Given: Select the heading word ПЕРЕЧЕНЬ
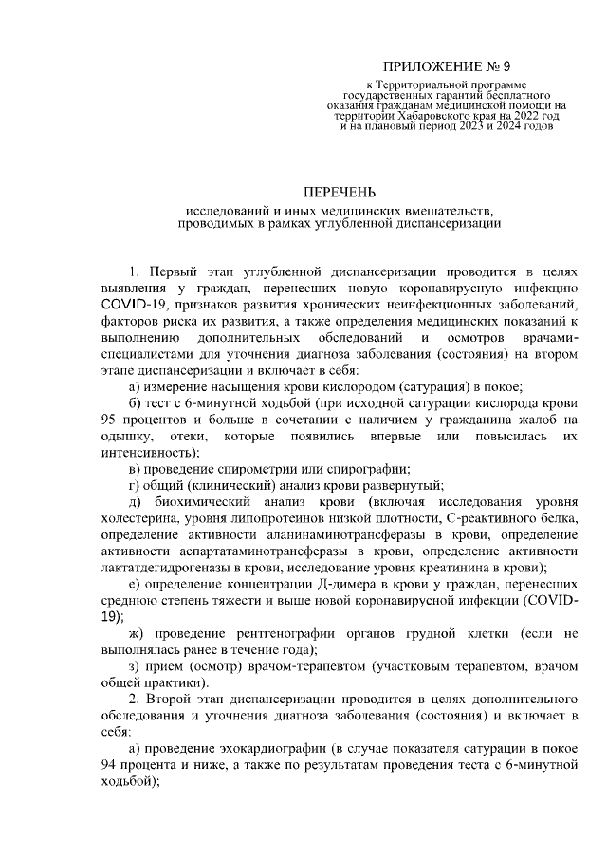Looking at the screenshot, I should pyautogui.click(x=340, y=191).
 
